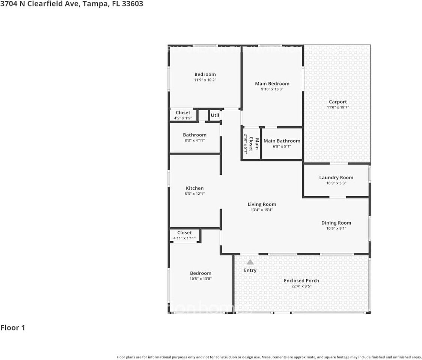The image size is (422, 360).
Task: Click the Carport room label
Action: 338,102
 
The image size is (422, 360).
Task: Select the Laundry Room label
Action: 336,177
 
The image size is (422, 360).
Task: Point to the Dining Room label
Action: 336,223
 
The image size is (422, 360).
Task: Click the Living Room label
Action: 262,204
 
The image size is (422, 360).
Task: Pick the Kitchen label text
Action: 194,188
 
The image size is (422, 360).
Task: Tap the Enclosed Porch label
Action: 301,280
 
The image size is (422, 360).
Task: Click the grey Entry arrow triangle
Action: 250,262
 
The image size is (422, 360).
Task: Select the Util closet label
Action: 215,115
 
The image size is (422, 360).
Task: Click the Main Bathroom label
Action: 282,141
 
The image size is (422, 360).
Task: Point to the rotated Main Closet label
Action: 257,144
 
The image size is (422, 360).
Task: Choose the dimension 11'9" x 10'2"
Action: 205,80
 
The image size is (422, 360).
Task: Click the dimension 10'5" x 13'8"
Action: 200,279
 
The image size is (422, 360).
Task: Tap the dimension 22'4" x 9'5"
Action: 301,286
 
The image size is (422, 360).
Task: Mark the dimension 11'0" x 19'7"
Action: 338,107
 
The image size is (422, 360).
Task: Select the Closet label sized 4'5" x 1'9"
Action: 183,112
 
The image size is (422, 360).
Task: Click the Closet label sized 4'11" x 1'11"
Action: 184,232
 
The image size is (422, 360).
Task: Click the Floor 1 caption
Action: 13,328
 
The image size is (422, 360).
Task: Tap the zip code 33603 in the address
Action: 133,4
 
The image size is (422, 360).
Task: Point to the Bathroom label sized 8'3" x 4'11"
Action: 194,135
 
